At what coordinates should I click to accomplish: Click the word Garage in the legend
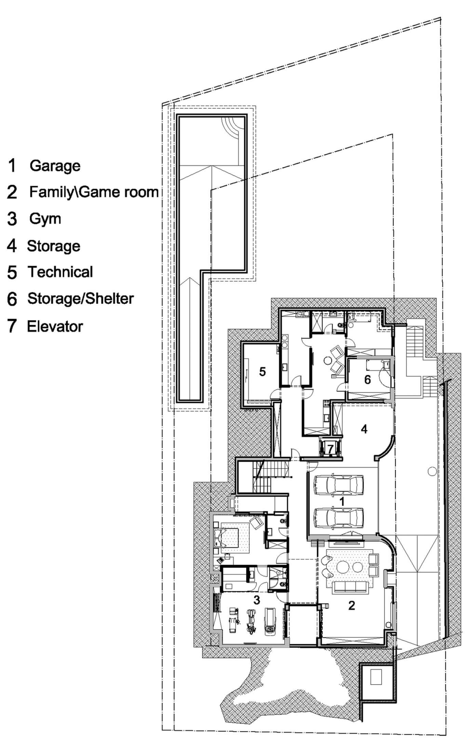pyautogui.click(x=55, y=166)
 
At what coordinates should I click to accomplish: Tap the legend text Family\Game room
pyautogui.click(x=94, y=192)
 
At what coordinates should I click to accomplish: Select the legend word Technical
pyautogui.click(x=60, y=272)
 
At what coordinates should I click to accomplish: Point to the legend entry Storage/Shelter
pyautogui.click(x=80, y=299)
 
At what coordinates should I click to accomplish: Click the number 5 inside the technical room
pyautogui.click(x=262, y=372)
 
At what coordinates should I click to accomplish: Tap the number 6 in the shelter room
pyautogui.click(x=367, y=379)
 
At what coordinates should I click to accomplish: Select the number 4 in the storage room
pyautogui.click(x=364, y=429)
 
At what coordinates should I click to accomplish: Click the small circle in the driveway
pyautogui.click(x=432, y=471)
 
